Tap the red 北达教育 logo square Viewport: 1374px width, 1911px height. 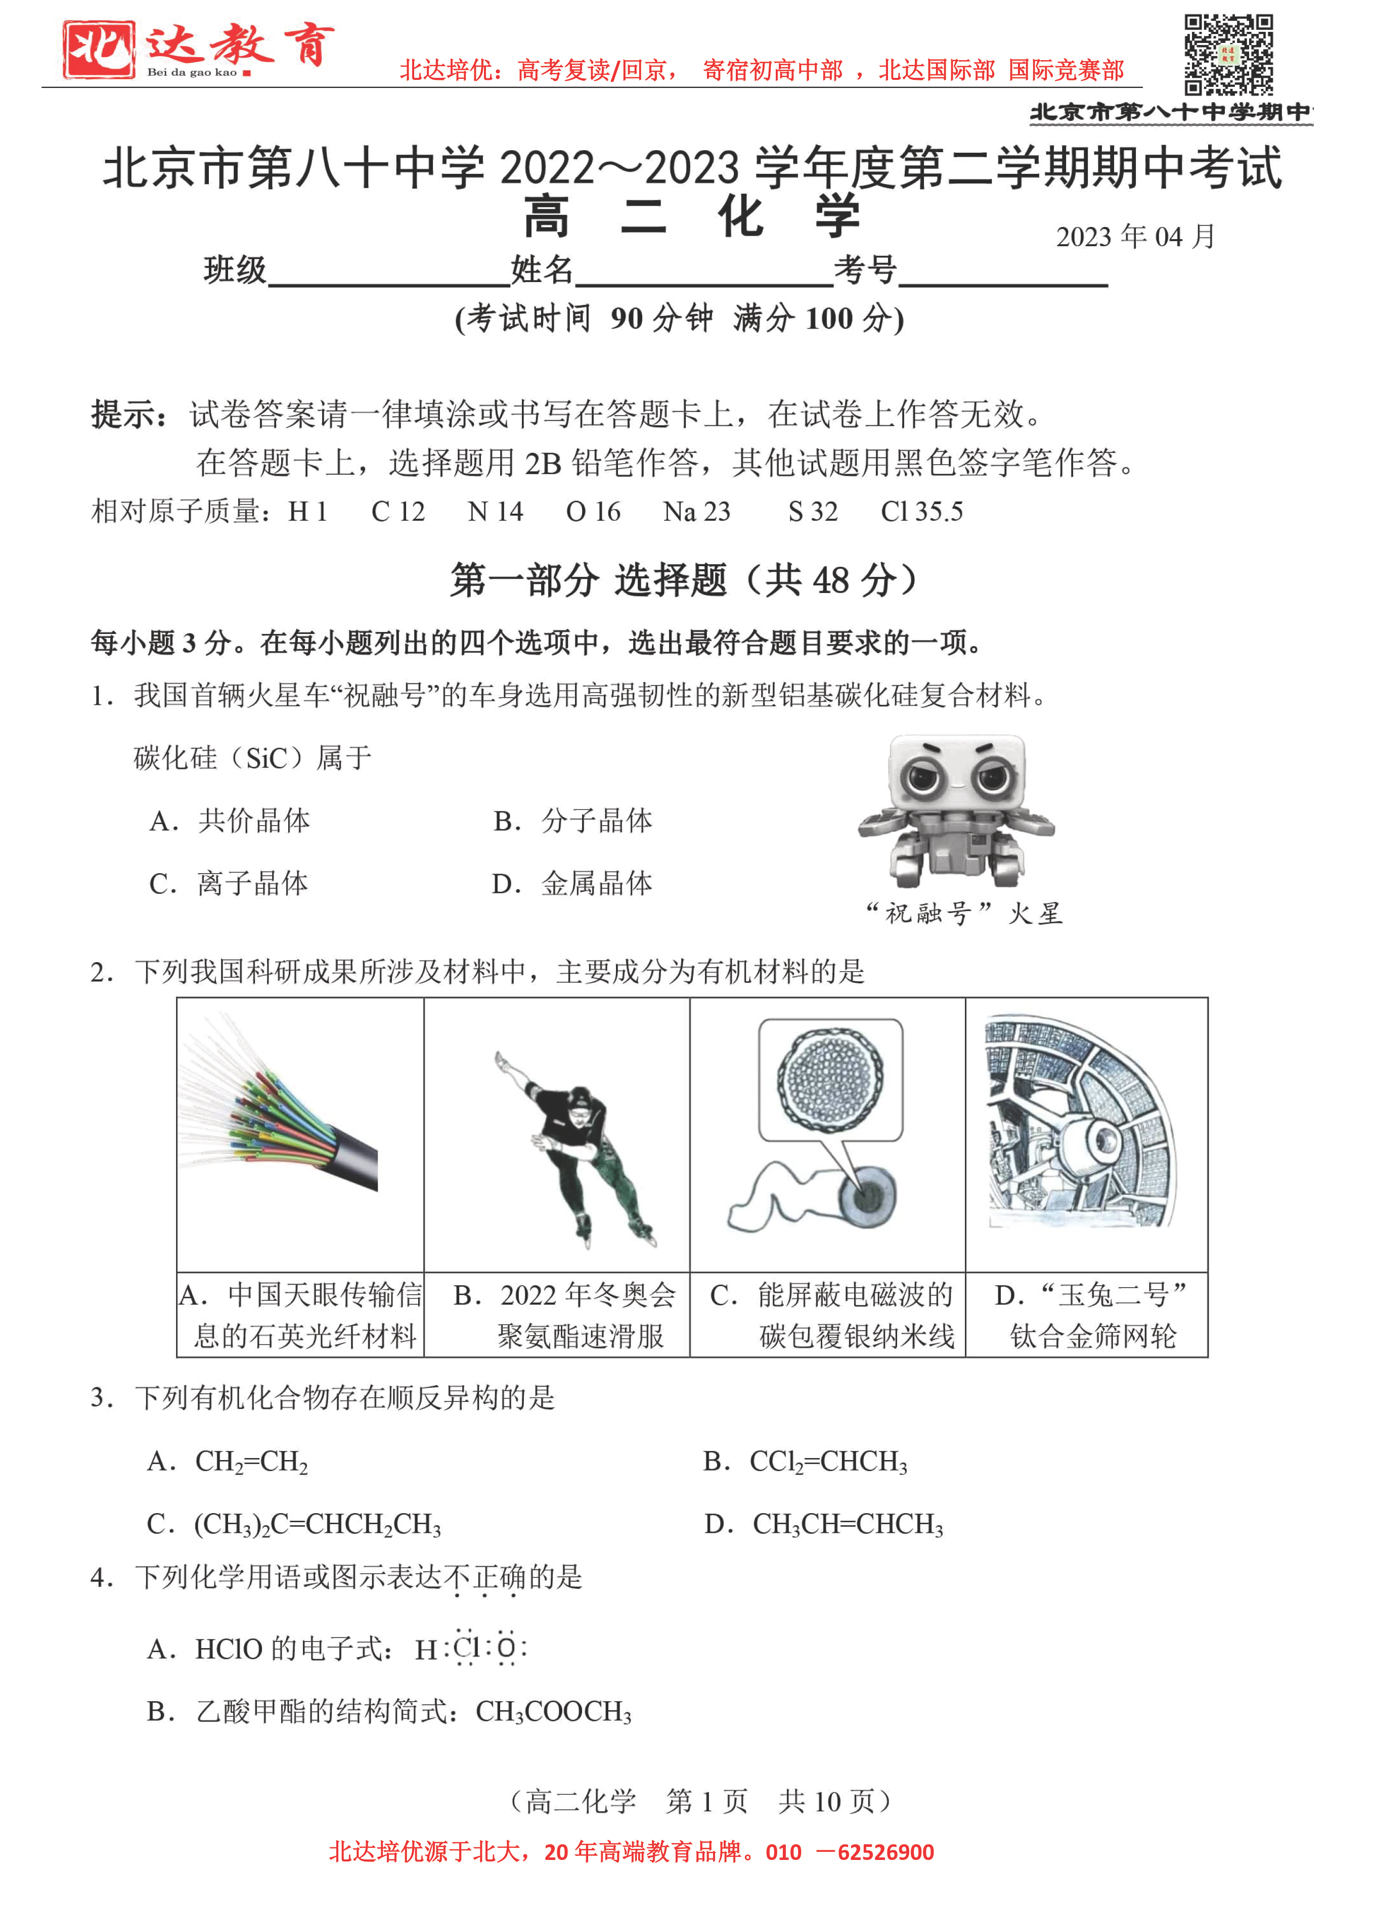[x=99, y=50]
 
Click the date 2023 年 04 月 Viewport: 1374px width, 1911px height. [x=1135, y=237]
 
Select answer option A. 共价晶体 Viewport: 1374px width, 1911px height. [x=229, y=820]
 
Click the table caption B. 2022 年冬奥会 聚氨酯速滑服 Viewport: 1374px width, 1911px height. [x=565, y=1314]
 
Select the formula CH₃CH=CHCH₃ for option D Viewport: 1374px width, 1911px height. [x=847, y=1524]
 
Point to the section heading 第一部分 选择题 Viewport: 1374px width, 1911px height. [x=683, y=580]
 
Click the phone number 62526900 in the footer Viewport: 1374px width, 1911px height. [x=885, y=1852]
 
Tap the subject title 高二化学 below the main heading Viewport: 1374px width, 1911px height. [x=691, y=216]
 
